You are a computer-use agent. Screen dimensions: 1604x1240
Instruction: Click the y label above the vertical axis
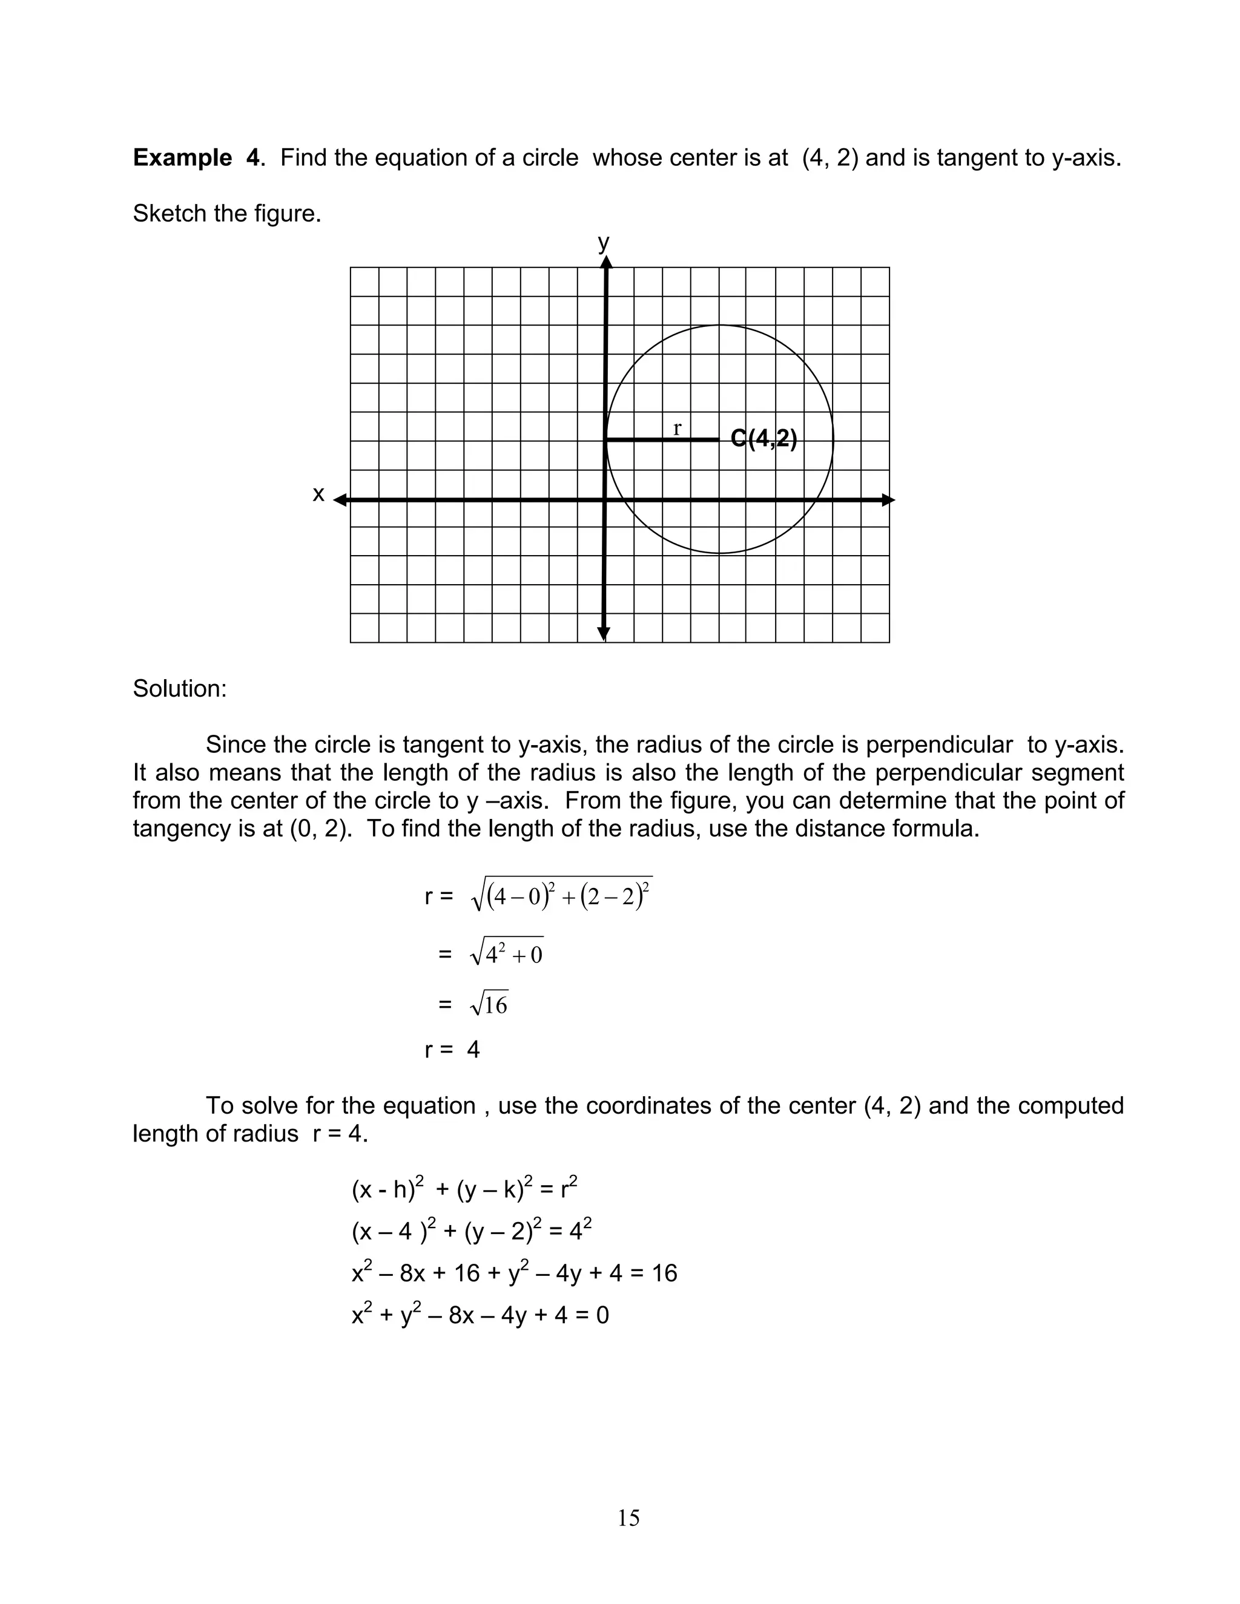[603, 242]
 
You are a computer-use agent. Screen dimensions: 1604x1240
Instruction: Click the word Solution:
[180, 689]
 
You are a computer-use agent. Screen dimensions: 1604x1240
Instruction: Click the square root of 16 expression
[489, 1004]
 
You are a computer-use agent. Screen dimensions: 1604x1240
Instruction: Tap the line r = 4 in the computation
[452, 1050]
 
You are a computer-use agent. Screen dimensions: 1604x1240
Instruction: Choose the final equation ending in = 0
[480, 1315]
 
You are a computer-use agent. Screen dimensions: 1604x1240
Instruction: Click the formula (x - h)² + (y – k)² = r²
[464, 1189]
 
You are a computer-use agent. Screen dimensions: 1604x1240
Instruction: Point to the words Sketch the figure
[227, 214]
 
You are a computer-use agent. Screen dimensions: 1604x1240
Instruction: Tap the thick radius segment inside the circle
[661, 440]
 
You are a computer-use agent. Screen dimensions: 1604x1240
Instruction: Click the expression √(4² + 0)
[506, 954]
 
